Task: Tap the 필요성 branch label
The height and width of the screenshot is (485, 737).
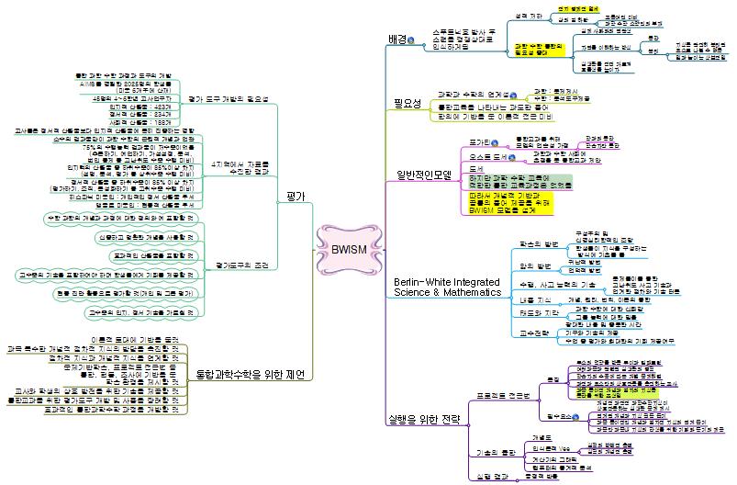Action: pos(403,105)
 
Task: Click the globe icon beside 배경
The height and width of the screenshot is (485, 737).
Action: pos(411,41)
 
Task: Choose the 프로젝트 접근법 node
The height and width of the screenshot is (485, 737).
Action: pos(502,394)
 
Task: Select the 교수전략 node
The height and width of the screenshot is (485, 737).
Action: pos(530,333)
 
